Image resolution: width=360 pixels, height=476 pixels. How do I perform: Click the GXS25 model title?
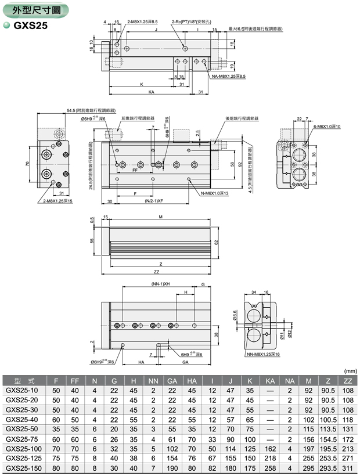tap(34, 25)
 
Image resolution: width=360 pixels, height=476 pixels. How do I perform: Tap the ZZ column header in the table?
tap(348, 380)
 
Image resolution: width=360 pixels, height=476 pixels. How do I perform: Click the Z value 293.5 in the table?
tap(328, 467)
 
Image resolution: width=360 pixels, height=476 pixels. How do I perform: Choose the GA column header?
tap(172, 380)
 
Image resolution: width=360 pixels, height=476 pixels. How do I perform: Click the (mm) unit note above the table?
tap(350, 370)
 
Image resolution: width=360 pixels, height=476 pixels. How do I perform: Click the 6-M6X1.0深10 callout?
tap(327, 127)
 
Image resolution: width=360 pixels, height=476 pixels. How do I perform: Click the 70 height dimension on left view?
tap(27, 164)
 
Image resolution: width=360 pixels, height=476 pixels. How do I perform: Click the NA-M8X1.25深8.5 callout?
tap(228, 76)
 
